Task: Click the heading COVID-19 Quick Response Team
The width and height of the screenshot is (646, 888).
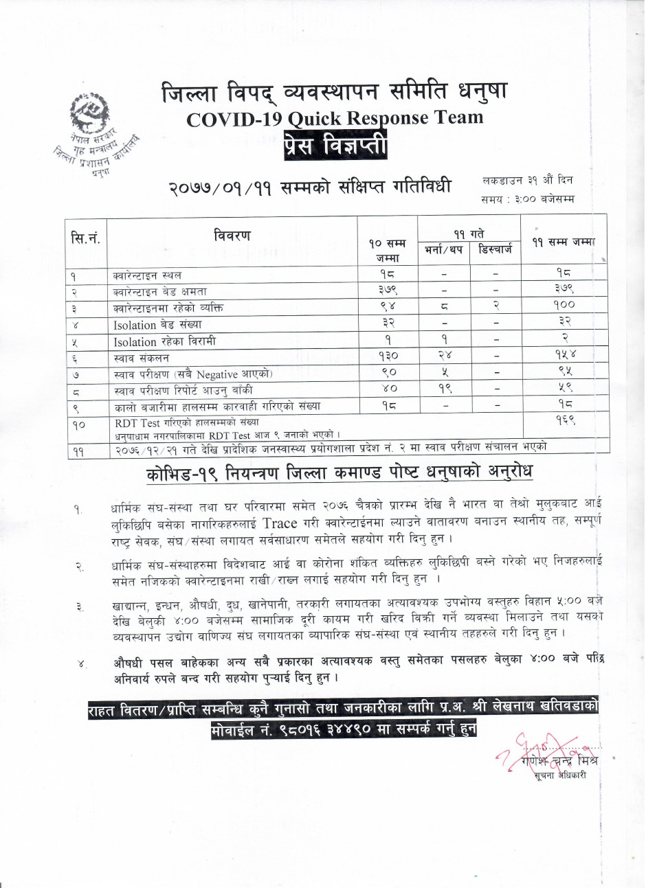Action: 335,118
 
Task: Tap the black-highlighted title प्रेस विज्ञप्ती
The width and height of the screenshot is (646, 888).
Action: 335,146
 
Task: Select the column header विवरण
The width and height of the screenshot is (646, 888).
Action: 232,236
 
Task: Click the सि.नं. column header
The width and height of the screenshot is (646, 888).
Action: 87,239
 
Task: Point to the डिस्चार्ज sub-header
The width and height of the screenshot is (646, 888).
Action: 495,249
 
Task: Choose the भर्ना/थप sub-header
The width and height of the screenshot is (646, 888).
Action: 443,249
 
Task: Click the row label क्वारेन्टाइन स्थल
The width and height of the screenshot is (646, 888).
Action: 148,275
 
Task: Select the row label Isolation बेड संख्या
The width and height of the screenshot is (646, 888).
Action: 158,324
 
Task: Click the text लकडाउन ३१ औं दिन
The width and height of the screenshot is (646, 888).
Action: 527,181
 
